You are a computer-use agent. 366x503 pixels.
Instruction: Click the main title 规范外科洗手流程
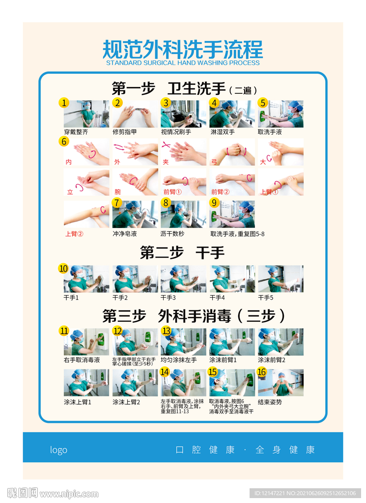point(183,49)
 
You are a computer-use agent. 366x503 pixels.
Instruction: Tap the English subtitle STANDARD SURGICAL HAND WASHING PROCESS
point(183,63)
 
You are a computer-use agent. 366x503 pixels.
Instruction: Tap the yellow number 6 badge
point(64,141)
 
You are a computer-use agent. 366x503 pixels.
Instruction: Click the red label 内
point(68,162)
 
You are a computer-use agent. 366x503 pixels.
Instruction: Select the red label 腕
point(117,192)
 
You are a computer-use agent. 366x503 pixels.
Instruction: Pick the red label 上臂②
point(74,234)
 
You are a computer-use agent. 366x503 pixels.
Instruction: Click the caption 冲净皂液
point(125,234)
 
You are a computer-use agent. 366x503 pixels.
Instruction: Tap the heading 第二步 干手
point(182,252)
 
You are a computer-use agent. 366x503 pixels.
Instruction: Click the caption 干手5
point(266,298)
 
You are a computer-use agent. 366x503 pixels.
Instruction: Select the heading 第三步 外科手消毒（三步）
point(194,316)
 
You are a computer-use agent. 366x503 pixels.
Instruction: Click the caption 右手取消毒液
point(82,360)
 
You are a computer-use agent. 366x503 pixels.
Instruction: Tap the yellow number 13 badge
point(167,331)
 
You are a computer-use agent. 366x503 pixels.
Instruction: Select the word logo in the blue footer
point(58,450)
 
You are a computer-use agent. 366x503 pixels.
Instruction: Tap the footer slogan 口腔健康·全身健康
point(245,450)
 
